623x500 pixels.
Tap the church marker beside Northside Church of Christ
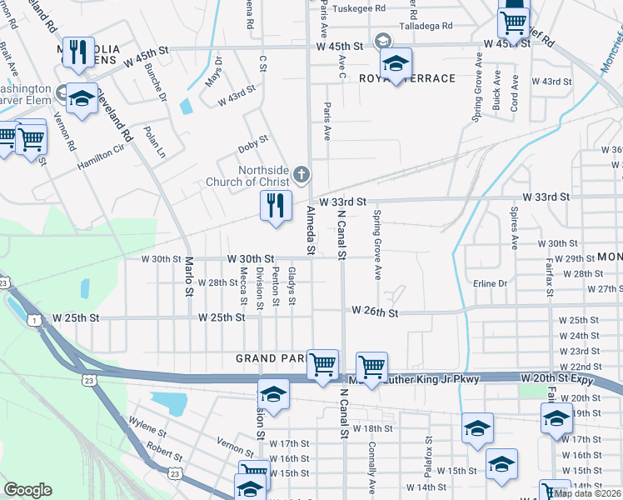click(302, 174)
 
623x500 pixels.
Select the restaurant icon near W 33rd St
click(276, 205)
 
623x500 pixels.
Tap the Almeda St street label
click(311, 230)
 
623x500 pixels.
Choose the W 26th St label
click(375, 311)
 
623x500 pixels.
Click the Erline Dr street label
click(490, 283)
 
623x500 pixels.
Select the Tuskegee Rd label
click(359, 9)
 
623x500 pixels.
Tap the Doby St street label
click(253, 140)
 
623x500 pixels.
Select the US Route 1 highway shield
click(34, 320)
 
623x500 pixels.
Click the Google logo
click(27, 489)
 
